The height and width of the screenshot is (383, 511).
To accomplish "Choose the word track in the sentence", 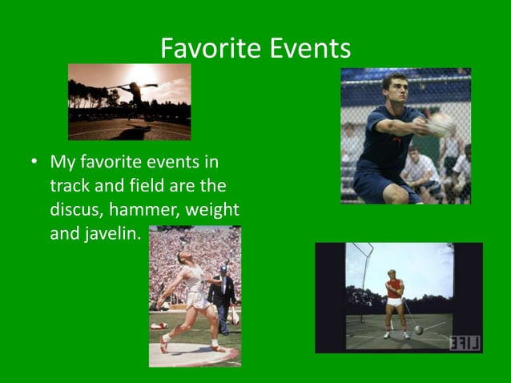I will tap(70, 187).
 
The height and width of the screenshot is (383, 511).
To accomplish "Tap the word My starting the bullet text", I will tap(62, 163).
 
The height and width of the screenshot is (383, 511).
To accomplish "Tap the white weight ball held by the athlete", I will tap(441, 124).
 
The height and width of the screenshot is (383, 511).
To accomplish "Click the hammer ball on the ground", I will tap(418, 329).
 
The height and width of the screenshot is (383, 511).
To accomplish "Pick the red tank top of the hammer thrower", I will tap(395, 289).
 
